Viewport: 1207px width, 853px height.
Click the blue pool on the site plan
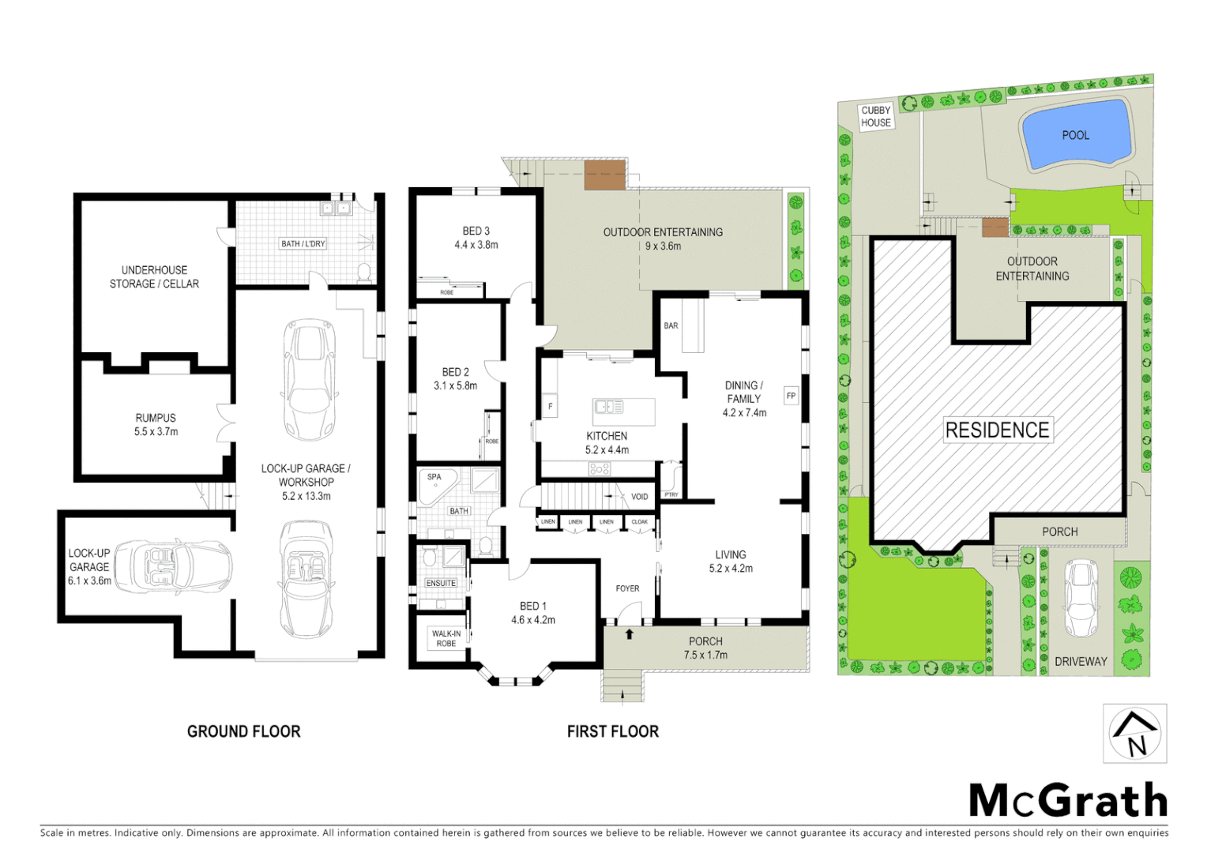tap(1075, 135)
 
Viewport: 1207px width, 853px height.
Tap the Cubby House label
tap(876, 117)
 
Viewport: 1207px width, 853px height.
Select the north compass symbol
tap(1135, 734)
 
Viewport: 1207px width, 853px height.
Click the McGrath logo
tap(1068, 801)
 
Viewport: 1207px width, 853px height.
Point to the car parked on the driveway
tap(1081, 598)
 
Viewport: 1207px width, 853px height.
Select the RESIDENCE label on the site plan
tap(997, 430)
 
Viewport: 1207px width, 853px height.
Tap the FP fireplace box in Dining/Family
tap(791, 396)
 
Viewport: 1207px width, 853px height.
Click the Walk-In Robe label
tap(446, 638)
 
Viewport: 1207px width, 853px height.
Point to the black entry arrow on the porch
tap(630, 633)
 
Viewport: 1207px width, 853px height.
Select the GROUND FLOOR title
tap(243, 732)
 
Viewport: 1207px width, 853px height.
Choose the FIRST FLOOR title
tap(612, 732)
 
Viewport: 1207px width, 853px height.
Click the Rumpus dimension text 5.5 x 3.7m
tap(156, 432)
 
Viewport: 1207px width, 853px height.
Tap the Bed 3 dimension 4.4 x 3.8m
tap(476, 245)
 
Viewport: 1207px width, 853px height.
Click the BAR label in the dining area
tap(671, 325)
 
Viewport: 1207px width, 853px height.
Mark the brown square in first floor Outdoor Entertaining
tap(604, 175)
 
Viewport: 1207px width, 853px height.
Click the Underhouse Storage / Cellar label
tap(154, 277)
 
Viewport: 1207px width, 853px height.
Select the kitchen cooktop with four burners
tap(599, 469)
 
